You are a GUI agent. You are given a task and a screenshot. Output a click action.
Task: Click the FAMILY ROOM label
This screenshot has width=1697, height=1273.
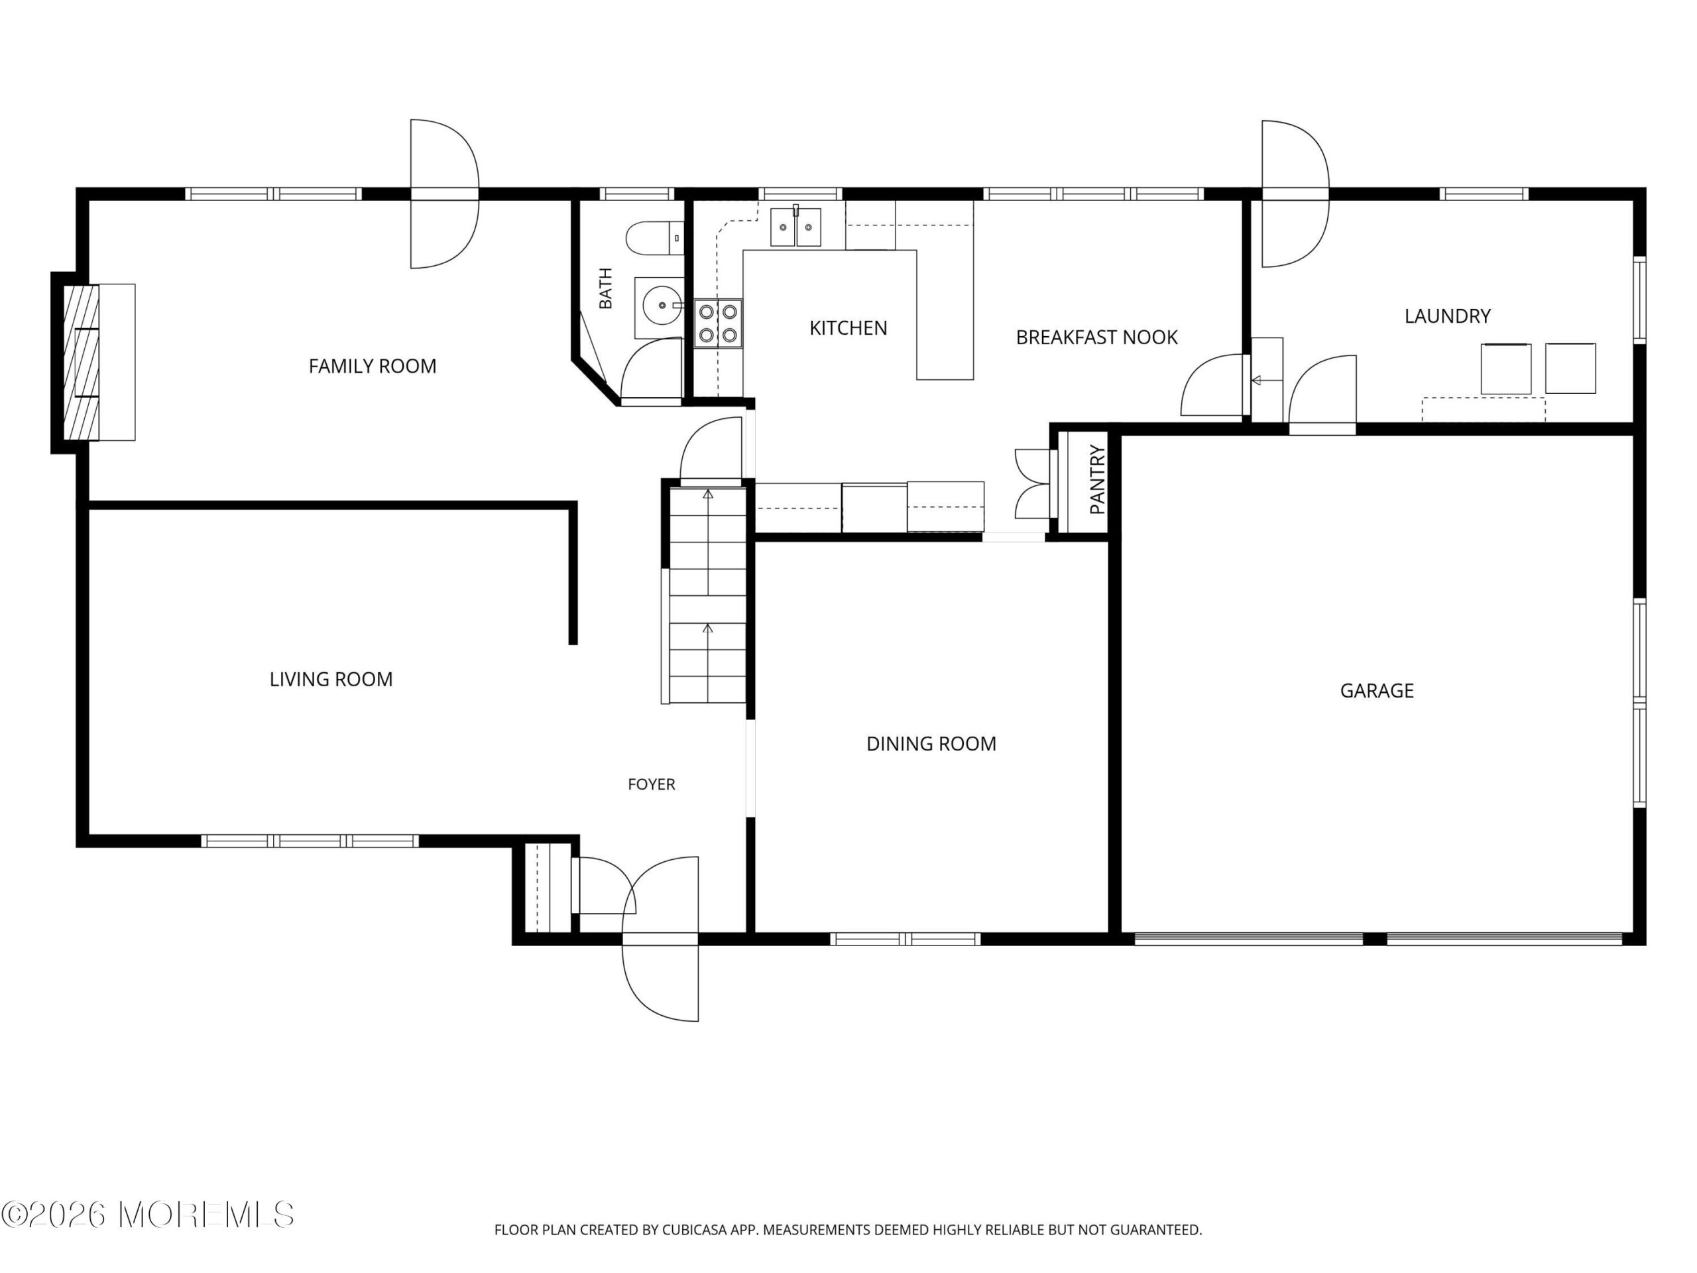coord(372,367)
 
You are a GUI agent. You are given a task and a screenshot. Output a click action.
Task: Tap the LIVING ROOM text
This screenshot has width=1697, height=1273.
coord(331,679)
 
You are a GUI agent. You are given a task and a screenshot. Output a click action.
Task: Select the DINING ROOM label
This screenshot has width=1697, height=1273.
coord(931,743)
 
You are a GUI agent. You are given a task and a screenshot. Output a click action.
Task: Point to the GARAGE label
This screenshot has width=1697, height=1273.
coord(1376,691)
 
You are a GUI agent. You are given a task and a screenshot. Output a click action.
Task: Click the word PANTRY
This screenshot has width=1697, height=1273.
coord(1097,479)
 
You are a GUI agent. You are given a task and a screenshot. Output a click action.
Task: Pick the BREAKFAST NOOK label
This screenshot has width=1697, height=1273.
coord(1096,337)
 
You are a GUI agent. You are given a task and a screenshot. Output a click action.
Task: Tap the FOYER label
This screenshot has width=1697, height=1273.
coord(652,784)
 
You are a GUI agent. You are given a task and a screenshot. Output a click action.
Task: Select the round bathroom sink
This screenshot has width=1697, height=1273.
coord(659,307)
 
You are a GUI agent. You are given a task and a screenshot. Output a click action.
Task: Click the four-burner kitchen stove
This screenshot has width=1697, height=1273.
coord(718,323)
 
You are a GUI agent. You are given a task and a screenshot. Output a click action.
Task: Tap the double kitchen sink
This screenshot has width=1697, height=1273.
coord(795,227)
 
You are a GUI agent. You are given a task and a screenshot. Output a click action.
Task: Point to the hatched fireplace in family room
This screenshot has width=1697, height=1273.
coord(81,362)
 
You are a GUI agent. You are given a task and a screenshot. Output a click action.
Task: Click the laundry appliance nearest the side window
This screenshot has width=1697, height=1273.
coord(1570,369)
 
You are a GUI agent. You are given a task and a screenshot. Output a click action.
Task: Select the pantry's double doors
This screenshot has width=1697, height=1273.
coord(1033,484)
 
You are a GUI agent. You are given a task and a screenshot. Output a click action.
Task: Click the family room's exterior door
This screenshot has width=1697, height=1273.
coord(444,194)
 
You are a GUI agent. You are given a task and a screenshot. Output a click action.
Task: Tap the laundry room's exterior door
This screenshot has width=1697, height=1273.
coord(1295,194)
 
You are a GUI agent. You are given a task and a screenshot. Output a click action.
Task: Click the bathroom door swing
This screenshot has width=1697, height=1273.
coord(652,369)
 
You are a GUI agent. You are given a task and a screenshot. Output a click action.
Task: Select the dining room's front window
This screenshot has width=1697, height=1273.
coord(906,938)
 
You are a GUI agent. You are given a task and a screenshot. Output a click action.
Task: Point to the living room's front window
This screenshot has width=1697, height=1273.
coord(310,841)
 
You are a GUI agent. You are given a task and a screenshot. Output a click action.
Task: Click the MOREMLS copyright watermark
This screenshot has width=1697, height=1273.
coord(147,1215)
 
